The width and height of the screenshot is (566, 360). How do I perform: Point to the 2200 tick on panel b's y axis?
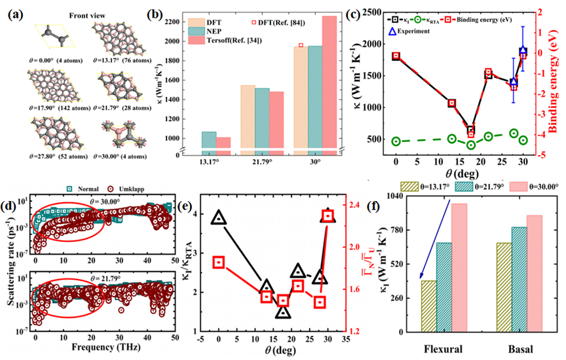[177, 22]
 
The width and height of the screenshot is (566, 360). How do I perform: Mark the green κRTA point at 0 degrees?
[396, 141]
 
